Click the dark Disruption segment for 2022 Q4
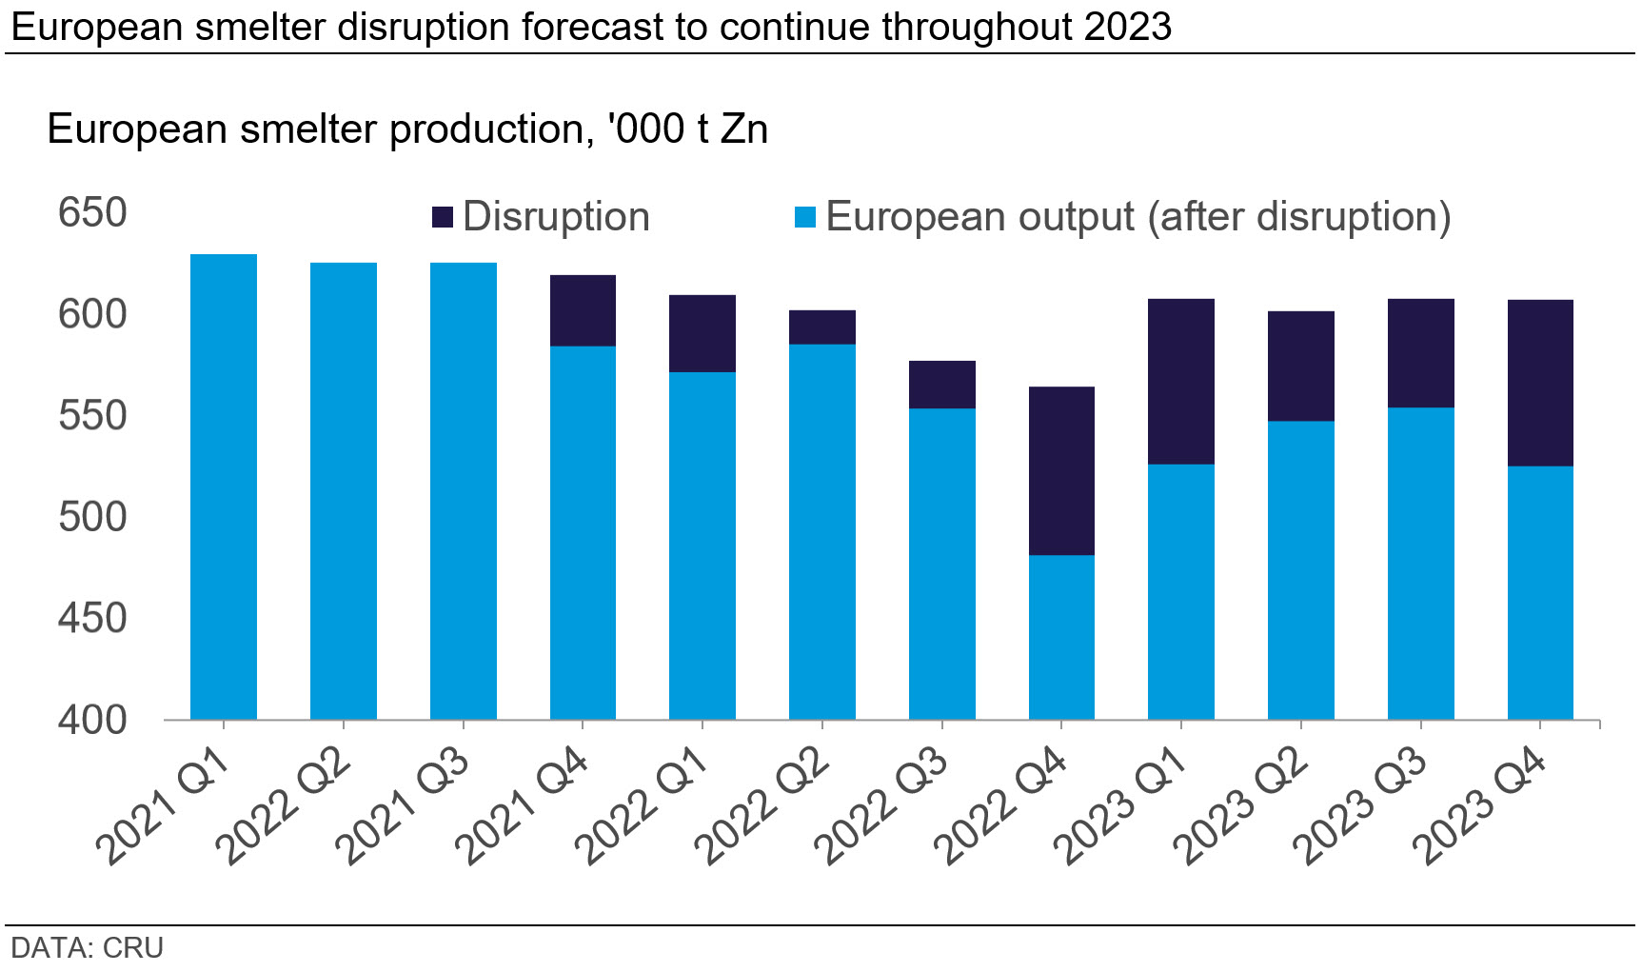[1061, 470]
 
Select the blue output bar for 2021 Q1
[224, 486]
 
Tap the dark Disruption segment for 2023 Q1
[1180, 381]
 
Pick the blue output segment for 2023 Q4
[1540, 592]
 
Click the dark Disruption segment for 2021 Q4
[583, 310]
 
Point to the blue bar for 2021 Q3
[463, 490]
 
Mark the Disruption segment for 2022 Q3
[941, 385]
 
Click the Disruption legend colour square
[443, 217]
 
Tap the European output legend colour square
[805, 217]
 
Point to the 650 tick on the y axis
[92, 212]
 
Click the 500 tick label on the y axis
[92, 517]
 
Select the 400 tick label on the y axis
[92, 720]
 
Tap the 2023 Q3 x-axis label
[1362, 807]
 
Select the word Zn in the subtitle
[743, 129]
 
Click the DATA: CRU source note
[88, 948]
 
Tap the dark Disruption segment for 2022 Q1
[702, 333]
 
